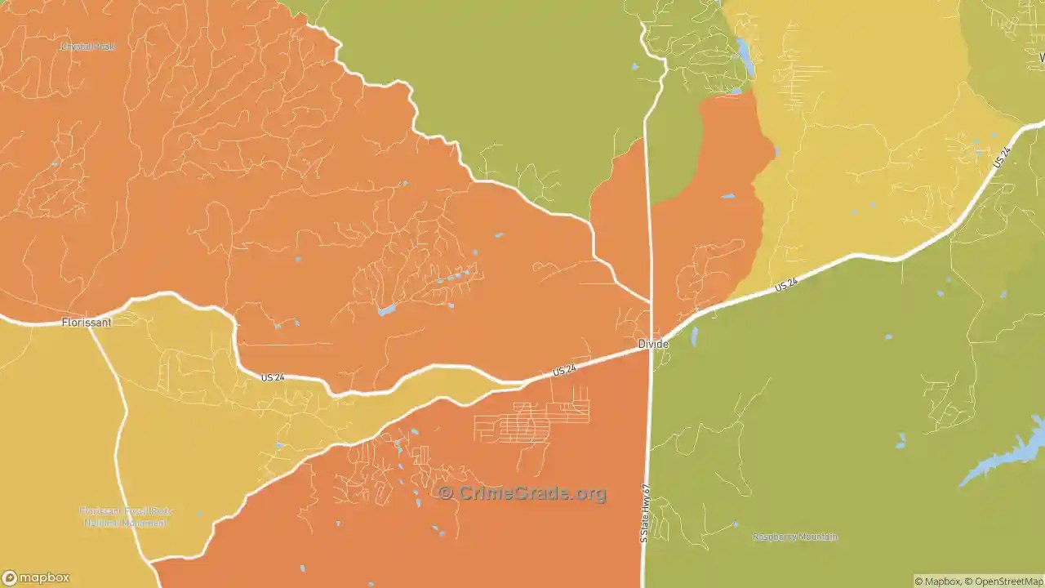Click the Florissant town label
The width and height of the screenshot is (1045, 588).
click(x=87, y=323)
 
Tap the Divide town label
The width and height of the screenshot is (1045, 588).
click(x=653, y=344)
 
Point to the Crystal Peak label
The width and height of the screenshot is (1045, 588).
click(x=88, y=47)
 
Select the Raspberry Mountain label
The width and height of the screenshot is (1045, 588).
click(x=794, y=537)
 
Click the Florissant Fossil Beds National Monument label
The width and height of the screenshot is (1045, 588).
click(x=126, y=517)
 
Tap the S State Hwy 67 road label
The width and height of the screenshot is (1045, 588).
click(x=645, y=514)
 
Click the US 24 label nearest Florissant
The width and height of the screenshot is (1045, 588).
click(x=273, y=377)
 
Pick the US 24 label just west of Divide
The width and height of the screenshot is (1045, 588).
click(x=564, y=370)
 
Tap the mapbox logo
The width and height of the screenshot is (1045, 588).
click(x=36, y=577)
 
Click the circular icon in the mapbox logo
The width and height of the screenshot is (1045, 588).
click(x=9, y=577)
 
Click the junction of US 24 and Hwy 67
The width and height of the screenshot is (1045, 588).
click(x=651, y=347)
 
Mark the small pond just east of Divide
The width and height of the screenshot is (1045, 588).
click(x=695, y=336)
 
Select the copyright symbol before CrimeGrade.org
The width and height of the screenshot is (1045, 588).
click(x=446, y=493)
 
